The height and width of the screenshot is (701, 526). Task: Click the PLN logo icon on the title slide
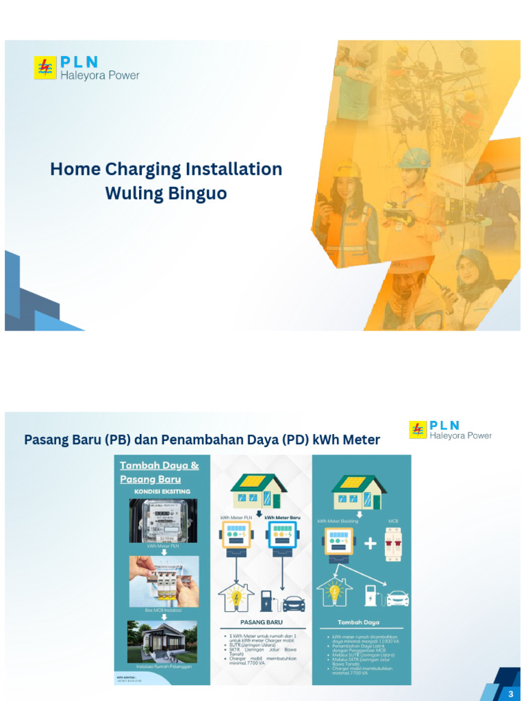(45, 68)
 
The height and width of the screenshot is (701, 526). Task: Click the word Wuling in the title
(134, 194)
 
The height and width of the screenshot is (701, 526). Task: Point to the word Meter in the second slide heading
(355, 439)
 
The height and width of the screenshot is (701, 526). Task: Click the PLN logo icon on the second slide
(418, 430)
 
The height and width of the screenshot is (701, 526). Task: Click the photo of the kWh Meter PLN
(163, 520)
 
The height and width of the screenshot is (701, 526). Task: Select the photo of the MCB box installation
(164, 581)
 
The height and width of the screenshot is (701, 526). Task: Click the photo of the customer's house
(163, 641)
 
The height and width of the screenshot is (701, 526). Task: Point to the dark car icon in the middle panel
(293, 603)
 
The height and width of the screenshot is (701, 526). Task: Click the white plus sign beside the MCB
(371, 544)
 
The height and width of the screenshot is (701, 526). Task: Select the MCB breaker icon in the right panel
(393, 544)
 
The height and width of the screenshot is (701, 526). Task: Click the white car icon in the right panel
(397, 598)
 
